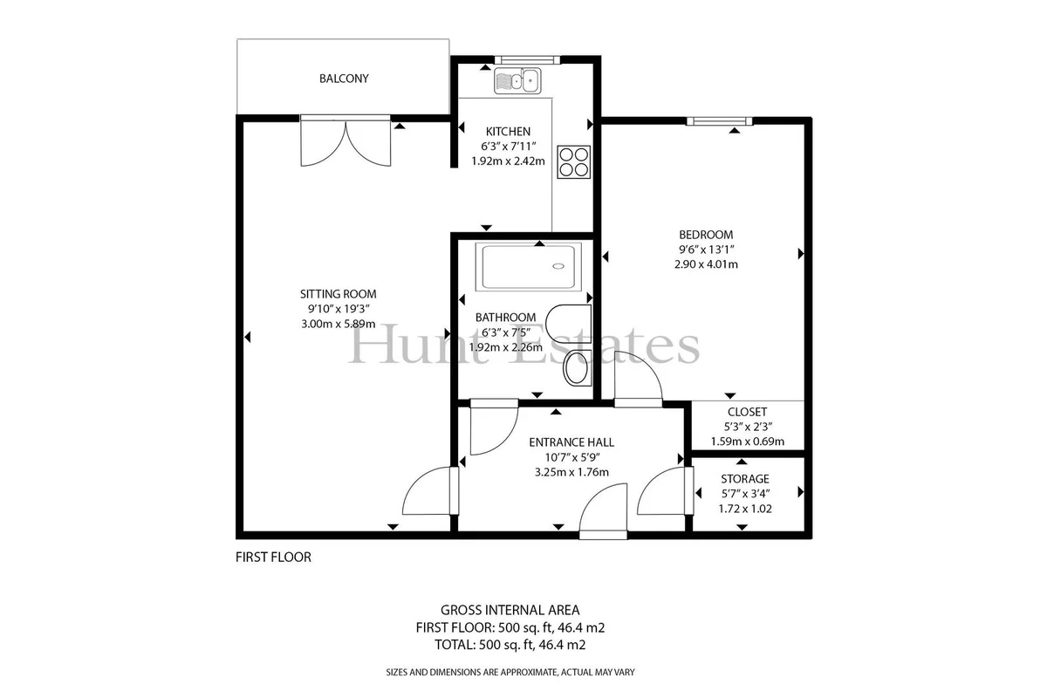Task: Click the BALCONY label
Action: coord(344,79)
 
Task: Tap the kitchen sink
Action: coord(517,80)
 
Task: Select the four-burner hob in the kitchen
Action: coord(574,162)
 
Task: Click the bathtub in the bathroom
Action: coord(529,266)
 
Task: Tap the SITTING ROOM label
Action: coord(338,294)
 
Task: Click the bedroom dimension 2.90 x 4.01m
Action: coord(706,264)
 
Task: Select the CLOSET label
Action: coord(747,412)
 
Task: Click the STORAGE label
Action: coord(744,479)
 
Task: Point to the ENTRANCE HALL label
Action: coord(571,442)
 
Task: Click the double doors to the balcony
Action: coord(346,141)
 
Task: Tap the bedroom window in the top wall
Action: coord(719,121)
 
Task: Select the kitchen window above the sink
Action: coord(527,60)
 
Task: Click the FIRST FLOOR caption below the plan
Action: coord(273,558)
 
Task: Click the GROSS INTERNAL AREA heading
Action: coord(510,610)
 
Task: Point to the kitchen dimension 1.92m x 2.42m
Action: coord(508,161)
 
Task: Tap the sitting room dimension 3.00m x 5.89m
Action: coord(338,324)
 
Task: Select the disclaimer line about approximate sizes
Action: coord(510,673)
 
